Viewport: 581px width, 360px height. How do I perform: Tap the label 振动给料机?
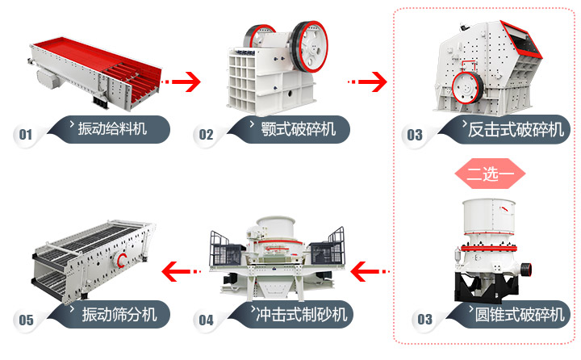[x=112, y=128]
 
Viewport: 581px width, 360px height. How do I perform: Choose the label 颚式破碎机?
[x=292, y=128]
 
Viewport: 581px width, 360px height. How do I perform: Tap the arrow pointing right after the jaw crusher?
[x=368, y=81]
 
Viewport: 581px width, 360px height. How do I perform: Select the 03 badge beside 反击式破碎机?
[x=414, y=134]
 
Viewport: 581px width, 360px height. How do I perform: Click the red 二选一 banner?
[x=491, y=172]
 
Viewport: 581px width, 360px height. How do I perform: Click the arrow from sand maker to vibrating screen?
[x=181, y=269]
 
